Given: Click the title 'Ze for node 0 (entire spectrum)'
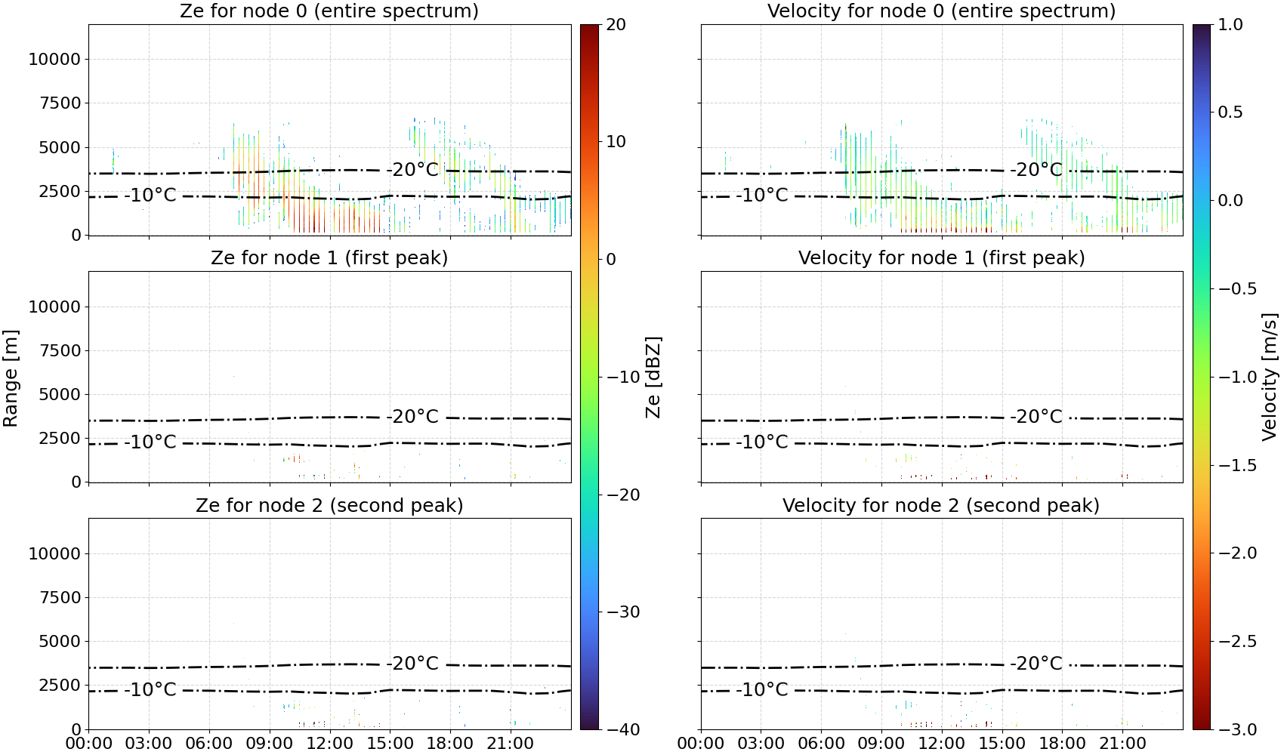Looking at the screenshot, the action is [329, 11].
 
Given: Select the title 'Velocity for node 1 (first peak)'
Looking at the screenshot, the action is [941, 257].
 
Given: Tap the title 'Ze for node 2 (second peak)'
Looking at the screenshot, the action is [329, 505].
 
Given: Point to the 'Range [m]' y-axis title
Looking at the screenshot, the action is [11, 377].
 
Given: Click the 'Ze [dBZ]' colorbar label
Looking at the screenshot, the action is [653, 377].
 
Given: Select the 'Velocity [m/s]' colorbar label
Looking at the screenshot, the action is [1269, 377].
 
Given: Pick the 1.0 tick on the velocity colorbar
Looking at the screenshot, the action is [1230, 25].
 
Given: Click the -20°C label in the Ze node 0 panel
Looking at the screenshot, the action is [412, 170].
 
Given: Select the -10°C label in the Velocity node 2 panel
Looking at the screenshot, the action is [762, 689].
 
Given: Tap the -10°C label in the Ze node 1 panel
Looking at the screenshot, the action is [150, 442].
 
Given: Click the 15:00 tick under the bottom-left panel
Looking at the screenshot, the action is [390, 744].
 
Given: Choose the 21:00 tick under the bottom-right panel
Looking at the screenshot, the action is [1122, 744].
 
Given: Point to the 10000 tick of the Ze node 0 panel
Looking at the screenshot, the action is [54, 59].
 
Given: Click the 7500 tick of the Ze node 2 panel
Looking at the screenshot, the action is [60, 597].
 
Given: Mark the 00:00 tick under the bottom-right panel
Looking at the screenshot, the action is [700, 744].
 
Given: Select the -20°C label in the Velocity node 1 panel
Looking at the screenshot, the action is [1036, 417].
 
